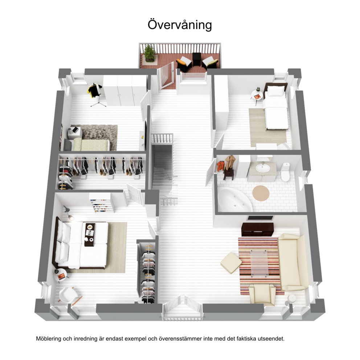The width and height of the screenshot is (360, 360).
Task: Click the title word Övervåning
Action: pyautogui.click(x=180, y=25)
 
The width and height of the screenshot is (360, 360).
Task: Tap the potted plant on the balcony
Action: pyautogui.click(x=149, y=53)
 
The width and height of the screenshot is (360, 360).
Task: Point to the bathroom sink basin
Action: pyautogui.click(x=263, y=168)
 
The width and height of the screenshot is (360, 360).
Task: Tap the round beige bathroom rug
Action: pyautogui.click(x=261, y=193)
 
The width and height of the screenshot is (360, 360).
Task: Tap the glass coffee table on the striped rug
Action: pyautogui.click(x=259, y=263)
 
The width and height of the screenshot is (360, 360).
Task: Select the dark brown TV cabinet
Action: pyautogui.click(x=257, y=229)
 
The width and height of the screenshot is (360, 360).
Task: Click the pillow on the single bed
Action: pyautogui.click(x=275, y=91)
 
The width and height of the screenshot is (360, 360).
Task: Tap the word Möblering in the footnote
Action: pyautogui.click(x=48, y=339)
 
